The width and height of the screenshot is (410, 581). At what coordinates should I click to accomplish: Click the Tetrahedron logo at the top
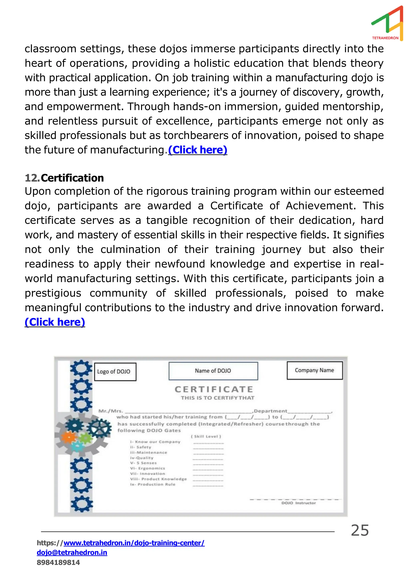click(387, 23)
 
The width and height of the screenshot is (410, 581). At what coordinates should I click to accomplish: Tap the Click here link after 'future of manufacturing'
click(198, 150)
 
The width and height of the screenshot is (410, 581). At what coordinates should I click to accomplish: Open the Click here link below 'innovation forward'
click(55, 322)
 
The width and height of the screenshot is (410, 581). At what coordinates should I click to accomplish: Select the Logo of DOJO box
click(115, 372)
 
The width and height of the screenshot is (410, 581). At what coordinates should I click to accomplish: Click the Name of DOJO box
click(213, 371)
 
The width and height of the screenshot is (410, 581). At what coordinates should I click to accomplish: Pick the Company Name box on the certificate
click(314, 370)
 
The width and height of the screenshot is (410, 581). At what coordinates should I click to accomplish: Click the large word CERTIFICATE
click(214, 389)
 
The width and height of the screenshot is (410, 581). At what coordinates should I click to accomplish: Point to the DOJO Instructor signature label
click(298, 503)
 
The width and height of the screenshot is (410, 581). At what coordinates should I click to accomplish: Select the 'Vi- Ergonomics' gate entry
click(148, 468)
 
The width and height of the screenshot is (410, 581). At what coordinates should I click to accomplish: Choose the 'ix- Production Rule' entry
click(153, 484)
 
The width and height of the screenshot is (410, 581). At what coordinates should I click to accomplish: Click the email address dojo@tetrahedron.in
click(72, 552)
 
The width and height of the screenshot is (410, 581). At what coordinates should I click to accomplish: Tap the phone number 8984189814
click(58, 562)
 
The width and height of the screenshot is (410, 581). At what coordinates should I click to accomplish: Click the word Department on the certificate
click(270, 411)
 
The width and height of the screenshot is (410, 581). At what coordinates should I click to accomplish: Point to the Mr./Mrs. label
click(111, 411)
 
